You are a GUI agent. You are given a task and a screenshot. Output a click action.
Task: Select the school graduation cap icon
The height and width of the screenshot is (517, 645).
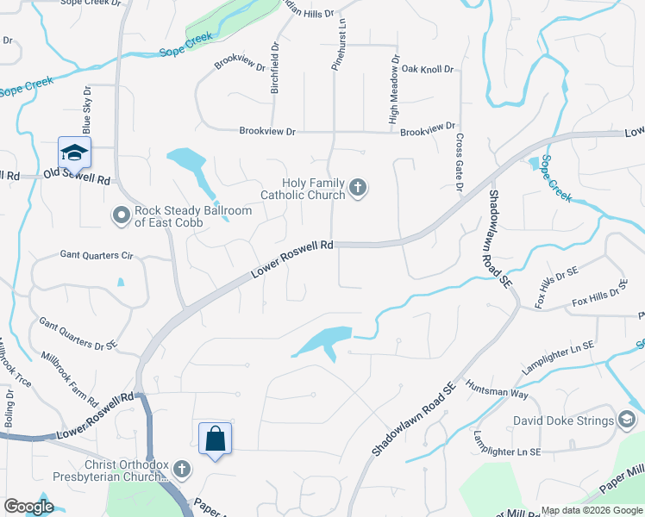(x=74, y=153)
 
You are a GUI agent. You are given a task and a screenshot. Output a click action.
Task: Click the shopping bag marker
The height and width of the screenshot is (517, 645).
(x=215, y=439)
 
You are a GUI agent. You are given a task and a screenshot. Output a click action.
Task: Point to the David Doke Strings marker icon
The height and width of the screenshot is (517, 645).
(x=627, y=420)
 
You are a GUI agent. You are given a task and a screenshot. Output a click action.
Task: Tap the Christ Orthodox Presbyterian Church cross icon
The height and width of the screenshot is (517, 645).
(x=181, y=470)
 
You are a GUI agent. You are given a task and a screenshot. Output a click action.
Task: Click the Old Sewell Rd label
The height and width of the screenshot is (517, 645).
(x=78, y=179)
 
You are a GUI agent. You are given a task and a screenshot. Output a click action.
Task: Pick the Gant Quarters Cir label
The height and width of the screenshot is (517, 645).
(x=97, y=255)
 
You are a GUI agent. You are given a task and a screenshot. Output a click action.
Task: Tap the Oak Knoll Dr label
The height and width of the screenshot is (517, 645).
(x=427, y=69)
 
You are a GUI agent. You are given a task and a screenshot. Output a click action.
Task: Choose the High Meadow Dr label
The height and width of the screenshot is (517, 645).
(x=393, y=90)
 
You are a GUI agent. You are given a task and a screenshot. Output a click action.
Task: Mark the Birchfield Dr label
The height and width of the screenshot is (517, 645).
(x=275, y=69)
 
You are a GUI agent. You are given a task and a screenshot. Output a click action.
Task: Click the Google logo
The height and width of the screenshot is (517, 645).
(x=28, y=506)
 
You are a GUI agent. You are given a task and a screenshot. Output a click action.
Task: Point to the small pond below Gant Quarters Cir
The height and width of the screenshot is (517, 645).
(x=121, y=282)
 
